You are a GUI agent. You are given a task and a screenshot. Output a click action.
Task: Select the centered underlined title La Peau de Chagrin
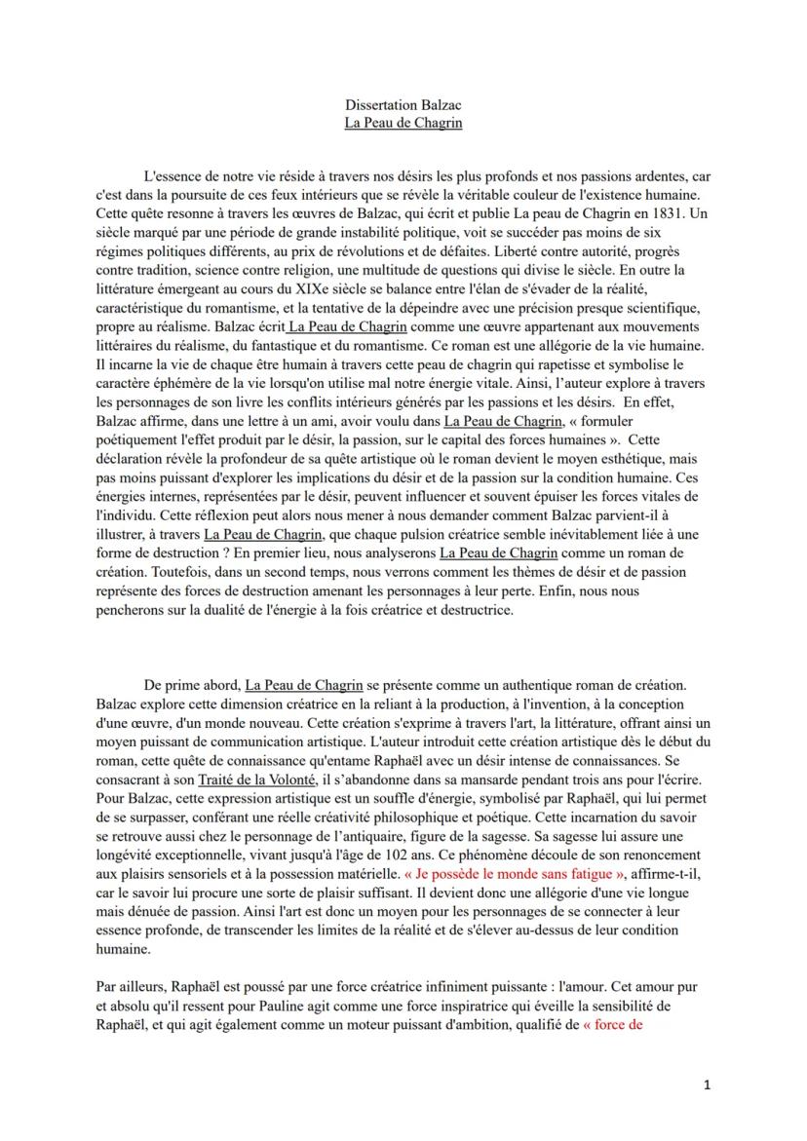click(403, 123)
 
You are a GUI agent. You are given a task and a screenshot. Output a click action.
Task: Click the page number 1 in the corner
click(708, 1084)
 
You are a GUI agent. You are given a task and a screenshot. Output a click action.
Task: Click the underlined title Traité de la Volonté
click(257, 781)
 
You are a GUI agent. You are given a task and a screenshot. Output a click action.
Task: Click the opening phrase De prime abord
click(191, 687)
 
